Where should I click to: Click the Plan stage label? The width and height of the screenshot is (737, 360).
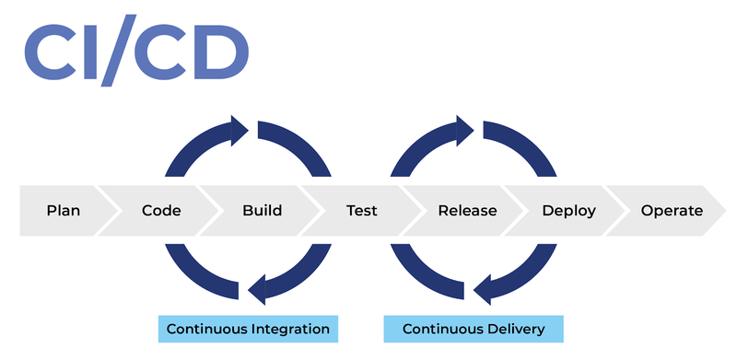tap(64, 211)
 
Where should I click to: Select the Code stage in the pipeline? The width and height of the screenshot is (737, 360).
tap(161, 211)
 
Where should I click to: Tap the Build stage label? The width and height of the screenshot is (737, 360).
tap(262, 211)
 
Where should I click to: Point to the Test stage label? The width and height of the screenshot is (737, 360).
tap(361, 211)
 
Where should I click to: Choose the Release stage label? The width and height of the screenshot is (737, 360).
tap(467, 211)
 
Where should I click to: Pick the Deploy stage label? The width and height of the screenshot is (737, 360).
tap(568, 211)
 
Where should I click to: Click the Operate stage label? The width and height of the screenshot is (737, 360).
tap(672, 211)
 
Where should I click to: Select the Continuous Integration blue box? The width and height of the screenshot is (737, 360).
tap(248, 329)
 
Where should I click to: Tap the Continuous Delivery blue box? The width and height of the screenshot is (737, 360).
tap(473, 329)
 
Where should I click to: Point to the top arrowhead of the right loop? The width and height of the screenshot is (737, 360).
tap(465, 131)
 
